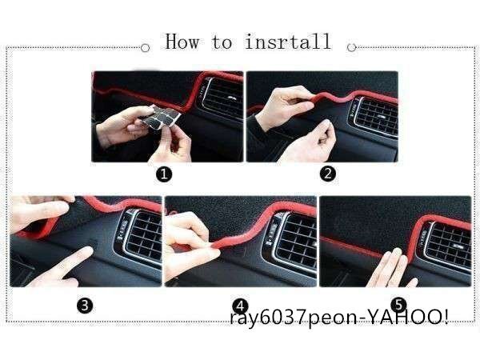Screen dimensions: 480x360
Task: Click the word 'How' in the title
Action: tap(182, 42)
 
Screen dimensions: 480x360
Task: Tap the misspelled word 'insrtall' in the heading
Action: tap(288, 42)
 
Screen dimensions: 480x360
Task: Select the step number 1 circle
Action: tap(164, 174)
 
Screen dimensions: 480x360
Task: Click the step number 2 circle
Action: tap(328, 174)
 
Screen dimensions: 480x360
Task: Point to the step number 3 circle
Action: tap(85, 306)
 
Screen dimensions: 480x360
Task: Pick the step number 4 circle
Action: tap(240, 306)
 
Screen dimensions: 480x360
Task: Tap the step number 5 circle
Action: tap(399, 305)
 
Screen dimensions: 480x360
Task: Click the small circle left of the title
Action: tap(145, 48)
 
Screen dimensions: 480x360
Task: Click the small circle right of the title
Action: tap(352, 47)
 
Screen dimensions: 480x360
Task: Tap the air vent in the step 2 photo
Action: tap(375, 116)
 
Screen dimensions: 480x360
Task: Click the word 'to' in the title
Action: tap(222, 42)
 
